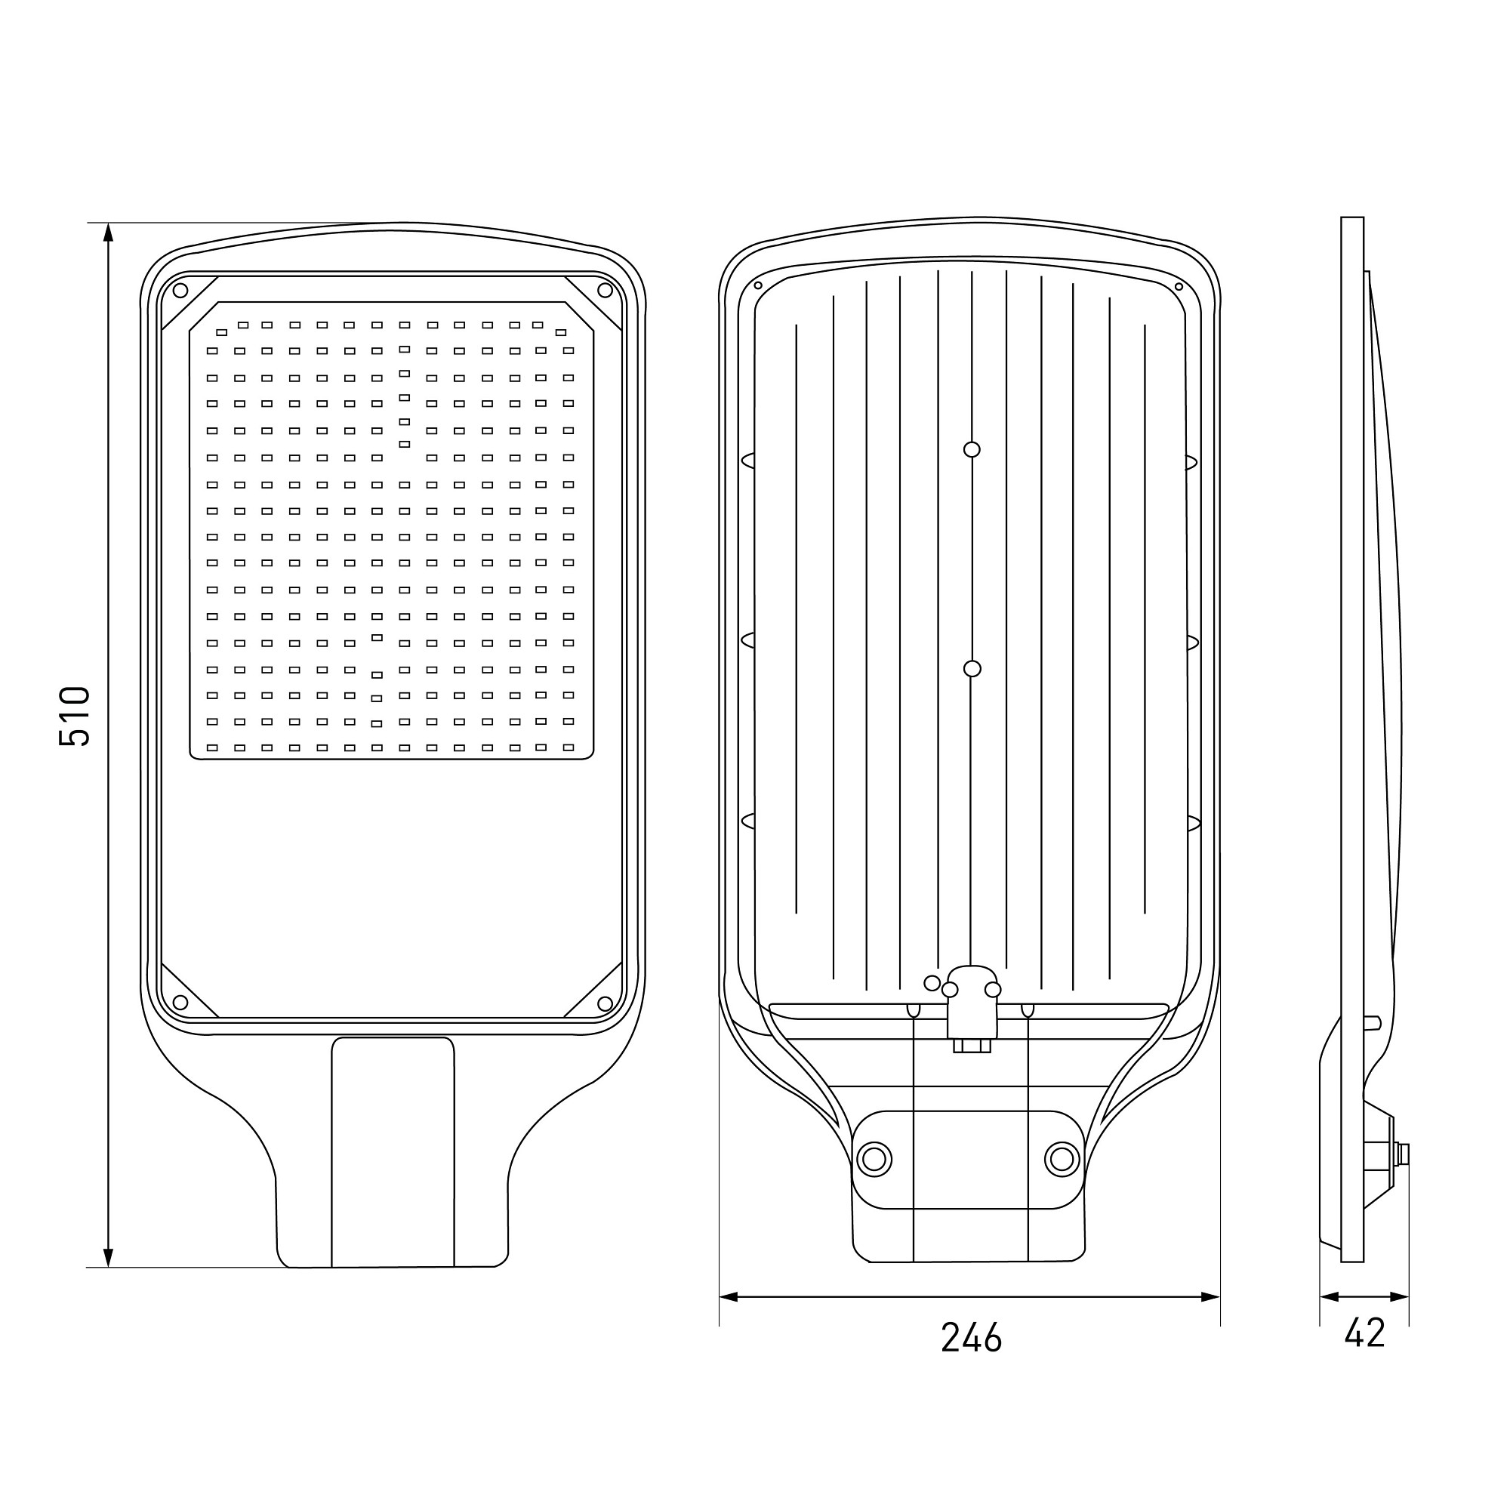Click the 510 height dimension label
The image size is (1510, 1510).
[74, 716]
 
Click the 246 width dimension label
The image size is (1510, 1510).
[971, 1337]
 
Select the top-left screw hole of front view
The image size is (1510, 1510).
[180, 291]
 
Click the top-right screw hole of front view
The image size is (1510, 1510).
[605, 291]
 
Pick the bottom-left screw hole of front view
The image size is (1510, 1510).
[180, 1003]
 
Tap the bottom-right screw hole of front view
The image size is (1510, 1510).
[605, 1003]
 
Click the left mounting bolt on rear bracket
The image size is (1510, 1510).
[874, 1159]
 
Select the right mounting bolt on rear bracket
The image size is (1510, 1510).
[1062, 1159]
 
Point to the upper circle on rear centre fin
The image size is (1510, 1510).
[972, 449]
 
